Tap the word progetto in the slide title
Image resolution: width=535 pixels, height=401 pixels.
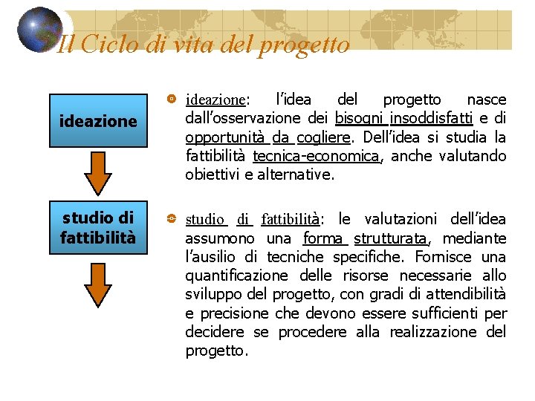(303, 45)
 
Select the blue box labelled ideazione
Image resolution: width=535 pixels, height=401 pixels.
(98, 121)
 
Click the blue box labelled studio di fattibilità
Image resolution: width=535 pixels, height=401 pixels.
(98, 228)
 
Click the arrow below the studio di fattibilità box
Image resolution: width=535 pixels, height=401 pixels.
(98, 287)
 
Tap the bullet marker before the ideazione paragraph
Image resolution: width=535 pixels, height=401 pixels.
(172, 99)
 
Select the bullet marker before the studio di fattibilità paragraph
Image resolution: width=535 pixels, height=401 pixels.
(172, 219)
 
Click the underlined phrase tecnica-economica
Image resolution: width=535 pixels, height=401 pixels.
(316, 156)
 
